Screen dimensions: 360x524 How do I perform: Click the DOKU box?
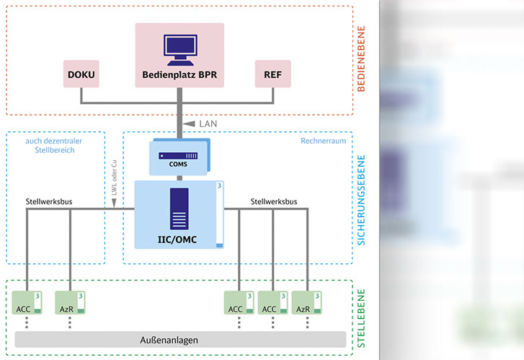click(x=81, y=74)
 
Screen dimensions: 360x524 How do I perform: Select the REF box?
click(x=273, y=74)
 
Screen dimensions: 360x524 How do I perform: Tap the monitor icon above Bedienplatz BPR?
click(x=179, y=47)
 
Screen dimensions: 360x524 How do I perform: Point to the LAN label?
click(x=208, y=124)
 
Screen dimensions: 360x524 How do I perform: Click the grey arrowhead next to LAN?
click(x=189, y=124)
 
